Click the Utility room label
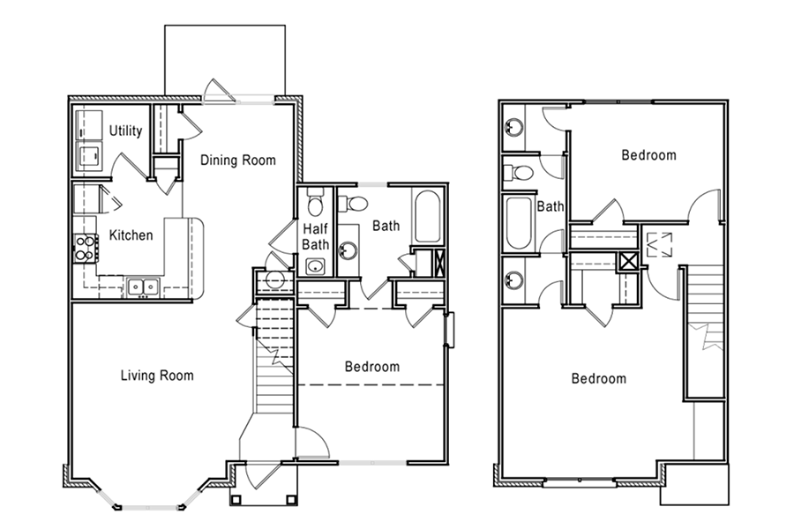[x=125, y=130]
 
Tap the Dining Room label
[x=238, y=160]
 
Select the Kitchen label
[x=131, y=235]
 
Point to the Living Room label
[x=157, y=375]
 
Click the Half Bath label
[x=316, y=236]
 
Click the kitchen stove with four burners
[x=86, y=248]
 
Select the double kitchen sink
[x=143, y=287]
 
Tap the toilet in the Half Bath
[x=316, y=203]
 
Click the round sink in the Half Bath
[x=316, y=265]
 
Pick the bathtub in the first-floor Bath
[x=427, y=217]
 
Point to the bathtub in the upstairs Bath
[x=519, y=223]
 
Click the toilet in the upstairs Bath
[x=519, y=173]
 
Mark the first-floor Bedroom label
[x=372, y=366]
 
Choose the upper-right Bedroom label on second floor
[x=648, y=154]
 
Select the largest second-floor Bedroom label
[x=598, y=378]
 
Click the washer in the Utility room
[x=89, y=156]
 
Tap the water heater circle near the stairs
[x=274, y=279]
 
